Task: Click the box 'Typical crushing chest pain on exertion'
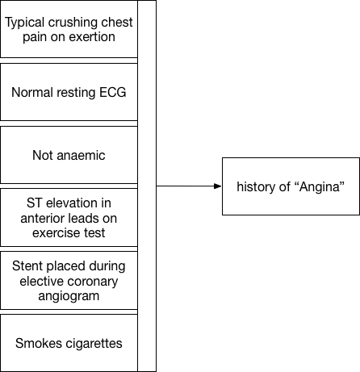point(69,29)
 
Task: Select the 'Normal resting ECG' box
point(69,91)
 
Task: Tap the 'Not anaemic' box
point(69,154)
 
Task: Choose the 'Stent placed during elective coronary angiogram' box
point(69,280)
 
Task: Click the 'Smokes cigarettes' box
point(69,343)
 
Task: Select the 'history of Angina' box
point(291,186)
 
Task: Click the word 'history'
point(257,186)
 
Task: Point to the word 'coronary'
point(94,280)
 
